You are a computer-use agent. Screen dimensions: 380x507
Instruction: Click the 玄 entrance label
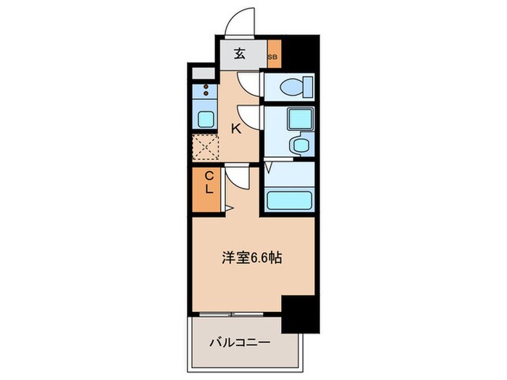tap(239, 54)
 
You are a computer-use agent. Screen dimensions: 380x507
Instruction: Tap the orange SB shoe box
tap(273, 55)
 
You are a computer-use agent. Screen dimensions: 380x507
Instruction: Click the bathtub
tap(288, 199)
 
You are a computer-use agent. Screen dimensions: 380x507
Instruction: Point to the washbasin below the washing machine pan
tap(298, 145)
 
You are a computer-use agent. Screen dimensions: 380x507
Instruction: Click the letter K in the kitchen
tap(235, 129)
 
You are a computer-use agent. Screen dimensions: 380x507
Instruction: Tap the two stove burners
tap(205, 90)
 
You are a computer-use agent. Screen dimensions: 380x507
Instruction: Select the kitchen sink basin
tap(205, 119)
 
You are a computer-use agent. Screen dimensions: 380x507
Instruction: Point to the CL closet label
tap(206, 182)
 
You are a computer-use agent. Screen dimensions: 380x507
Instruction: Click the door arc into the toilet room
tap(249, 85)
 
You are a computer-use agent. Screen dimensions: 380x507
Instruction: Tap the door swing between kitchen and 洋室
tap(237, 176)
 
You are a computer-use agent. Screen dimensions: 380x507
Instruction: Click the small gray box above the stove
tap(204, 73)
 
